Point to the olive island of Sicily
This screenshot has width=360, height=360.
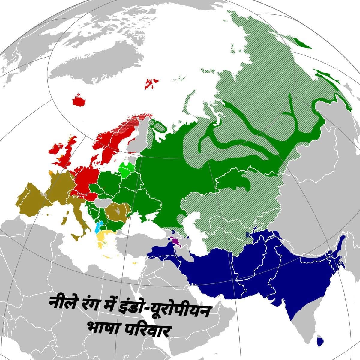point(75,237)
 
